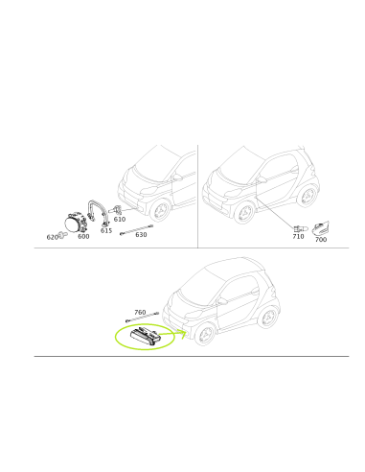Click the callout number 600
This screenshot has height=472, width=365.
[x=83, y=236]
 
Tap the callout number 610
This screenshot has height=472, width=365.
[x=120, y=220]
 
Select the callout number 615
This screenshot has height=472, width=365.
[x=106, y=230]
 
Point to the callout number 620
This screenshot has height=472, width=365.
[x=52, y=237]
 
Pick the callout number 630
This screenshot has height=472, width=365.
[x=141, y=234]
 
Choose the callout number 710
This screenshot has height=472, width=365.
[x=298, y=236]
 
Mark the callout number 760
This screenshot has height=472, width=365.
[x=140, y=312]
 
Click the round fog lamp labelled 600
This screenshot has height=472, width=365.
[x=73, y=223]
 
